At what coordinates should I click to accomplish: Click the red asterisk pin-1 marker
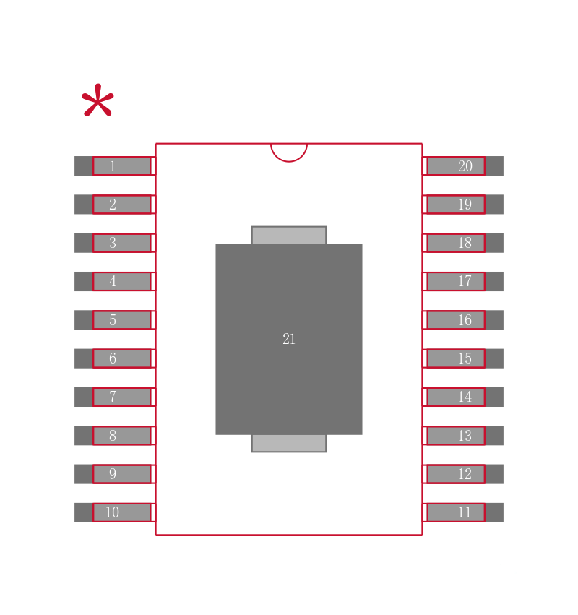(98, 100)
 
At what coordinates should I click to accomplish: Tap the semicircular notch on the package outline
(289, 161)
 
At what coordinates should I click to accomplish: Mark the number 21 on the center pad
(289, 339)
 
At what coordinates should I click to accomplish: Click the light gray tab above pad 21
(289, 235)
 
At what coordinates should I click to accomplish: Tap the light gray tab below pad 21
(289, 444)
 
